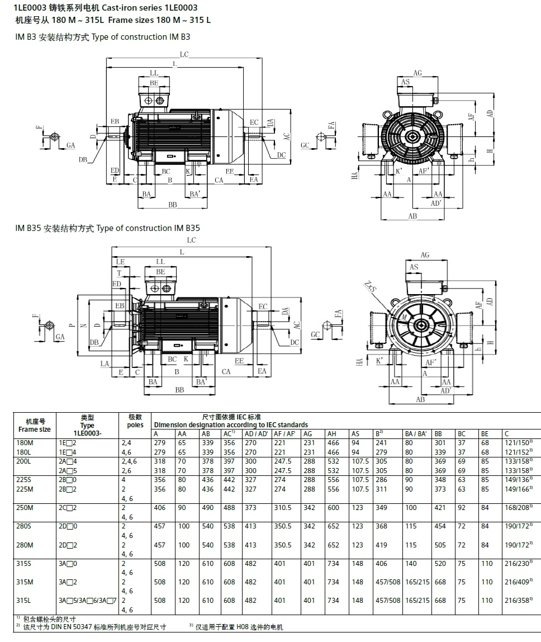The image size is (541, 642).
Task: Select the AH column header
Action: (332, 433)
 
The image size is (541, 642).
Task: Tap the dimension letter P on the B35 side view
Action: (71, 324)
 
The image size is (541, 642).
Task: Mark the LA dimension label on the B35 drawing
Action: (105, 364)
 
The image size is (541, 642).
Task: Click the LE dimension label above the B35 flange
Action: (120, 261)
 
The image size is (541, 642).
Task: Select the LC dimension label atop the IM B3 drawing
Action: (184, 54)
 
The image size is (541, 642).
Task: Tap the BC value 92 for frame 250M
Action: (462, 508)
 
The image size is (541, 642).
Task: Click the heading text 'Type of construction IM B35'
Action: (148, 228)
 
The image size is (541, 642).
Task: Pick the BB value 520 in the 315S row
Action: (440, 564)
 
